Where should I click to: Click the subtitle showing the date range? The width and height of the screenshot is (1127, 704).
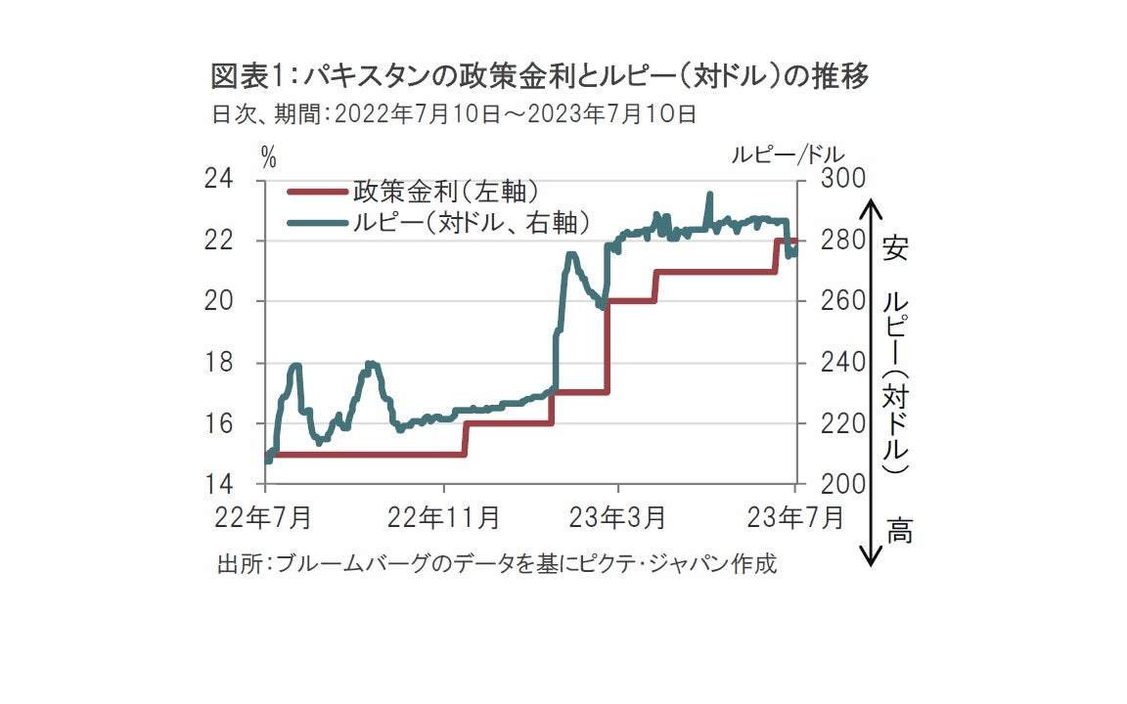coord(454,114)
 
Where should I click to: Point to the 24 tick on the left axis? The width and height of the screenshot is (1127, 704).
coord(218,179)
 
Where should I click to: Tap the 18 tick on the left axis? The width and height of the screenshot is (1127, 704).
coord(218,363)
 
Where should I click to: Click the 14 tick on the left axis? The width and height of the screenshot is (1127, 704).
coord(218,484)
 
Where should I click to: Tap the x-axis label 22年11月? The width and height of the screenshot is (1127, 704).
coord(445,515)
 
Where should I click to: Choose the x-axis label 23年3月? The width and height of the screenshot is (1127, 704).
coord(619,515)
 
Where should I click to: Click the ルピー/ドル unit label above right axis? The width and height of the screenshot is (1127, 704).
coord(788,154)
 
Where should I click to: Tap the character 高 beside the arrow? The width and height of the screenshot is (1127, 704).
coord(899,533)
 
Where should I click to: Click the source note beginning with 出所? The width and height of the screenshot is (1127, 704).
coord(496,564)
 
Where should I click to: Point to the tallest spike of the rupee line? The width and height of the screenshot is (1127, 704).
coord(708,195)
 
